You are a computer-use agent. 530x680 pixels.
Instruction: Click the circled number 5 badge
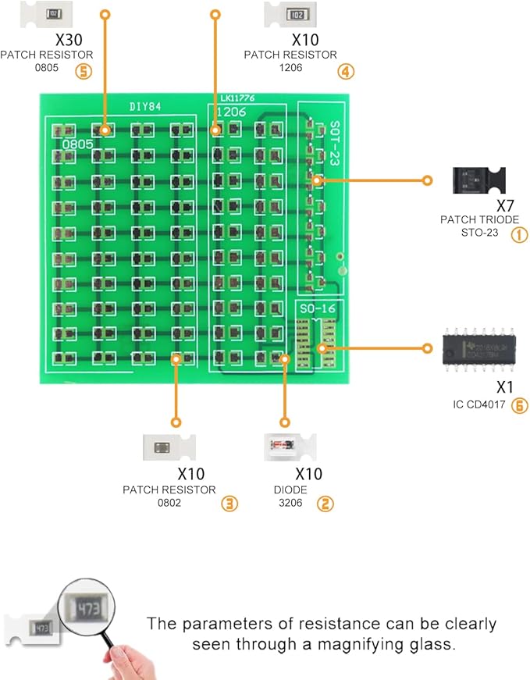pyautogui.click(x=84, y=72)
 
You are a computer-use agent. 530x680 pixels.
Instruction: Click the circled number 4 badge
pyautogui.click(x=346, y=72)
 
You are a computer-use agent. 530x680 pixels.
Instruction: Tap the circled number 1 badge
pyautogui.click(x=519, y=233)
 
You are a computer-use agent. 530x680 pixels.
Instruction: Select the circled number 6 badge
pyautogui.click(x=519, y=405)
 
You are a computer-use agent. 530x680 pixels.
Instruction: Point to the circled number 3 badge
pyautogui.click(x=229, y=504)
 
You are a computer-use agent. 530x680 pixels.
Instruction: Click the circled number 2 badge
pyautogui.click(x=325, y=504)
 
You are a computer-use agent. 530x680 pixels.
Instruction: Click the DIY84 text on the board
pyautogui.click(x=144, y=108)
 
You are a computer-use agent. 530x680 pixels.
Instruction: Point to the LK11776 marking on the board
pyautogui.click(x=237, y=99)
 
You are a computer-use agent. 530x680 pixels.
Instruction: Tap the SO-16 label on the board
pyautogui.click(x=318, y=310)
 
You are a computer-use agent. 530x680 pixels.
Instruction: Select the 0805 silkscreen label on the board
pyautogui.click(x=77, y=144)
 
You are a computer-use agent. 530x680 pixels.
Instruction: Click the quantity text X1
pyautogui.click(x=506, y=386)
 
